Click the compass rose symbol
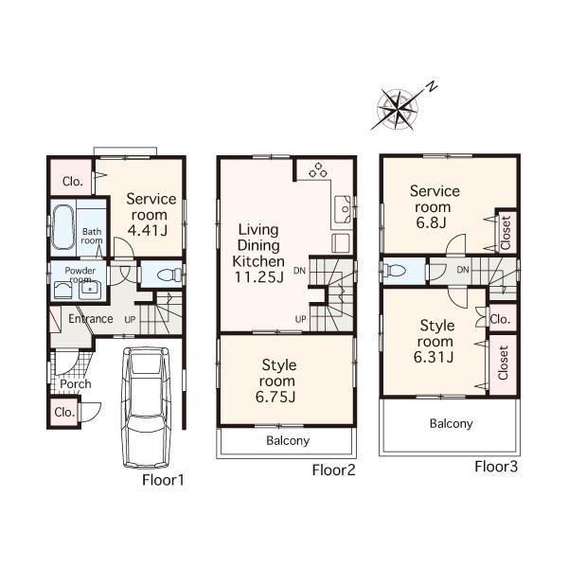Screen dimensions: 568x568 401,106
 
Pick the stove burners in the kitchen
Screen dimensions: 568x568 315,171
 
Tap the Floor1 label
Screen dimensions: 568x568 163,480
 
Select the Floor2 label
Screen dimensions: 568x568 333,470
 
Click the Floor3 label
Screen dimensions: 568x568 496,467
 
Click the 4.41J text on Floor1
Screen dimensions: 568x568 151,229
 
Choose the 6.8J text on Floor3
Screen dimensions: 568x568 435,222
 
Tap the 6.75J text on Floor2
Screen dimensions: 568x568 278,397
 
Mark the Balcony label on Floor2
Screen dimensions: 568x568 287,441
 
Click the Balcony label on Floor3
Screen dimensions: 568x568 451,423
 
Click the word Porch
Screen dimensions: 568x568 75,384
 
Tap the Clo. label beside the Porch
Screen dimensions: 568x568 63,413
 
